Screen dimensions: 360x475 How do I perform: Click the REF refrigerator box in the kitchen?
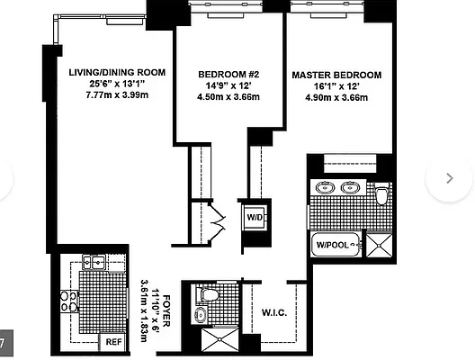pos(114,341)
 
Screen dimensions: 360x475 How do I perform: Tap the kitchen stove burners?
pos(69,301)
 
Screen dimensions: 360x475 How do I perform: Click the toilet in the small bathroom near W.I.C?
pos(208,293)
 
